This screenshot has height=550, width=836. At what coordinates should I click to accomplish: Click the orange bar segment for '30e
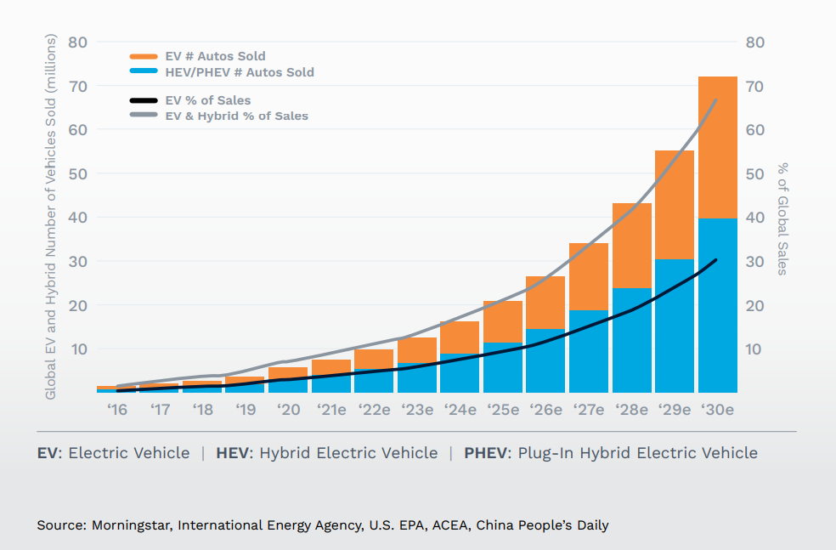[717, 147]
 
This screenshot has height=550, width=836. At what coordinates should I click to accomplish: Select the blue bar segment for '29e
[675, 326]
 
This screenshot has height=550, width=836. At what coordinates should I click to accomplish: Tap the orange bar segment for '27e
[589, 276]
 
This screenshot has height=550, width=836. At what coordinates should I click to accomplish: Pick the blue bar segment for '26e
[545, 360]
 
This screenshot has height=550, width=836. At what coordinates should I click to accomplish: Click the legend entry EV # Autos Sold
[215, 57]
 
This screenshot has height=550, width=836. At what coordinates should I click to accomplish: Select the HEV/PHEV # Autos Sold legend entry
[240, 72]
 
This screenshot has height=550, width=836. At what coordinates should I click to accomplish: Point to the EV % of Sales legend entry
[208, 100]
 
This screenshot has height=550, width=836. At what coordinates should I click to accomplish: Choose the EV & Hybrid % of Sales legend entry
[236, 116]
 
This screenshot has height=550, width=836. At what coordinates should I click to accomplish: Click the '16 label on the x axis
[116, 410]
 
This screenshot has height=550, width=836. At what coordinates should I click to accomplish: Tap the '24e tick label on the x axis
[460, 410]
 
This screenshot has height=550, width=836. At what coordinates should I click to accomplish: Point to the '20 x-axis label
[288, 410]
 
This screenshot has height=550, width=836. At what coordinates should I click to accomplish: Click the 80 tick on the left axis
[78, 43]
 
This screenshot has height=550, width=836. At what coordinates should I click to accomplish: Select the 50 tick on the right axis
[755, 173]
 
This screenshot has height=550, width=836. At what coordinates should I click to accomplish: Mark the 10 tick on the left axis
[78, 349]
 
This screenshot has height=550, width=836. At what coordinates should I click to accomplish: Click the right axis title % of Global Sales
[782, 218]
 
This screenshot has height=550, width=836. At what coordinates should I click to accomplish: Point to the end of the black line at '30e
[716, 260]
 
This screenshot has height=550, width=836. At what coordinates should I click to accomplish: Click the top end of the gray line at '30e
[717, 99]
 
